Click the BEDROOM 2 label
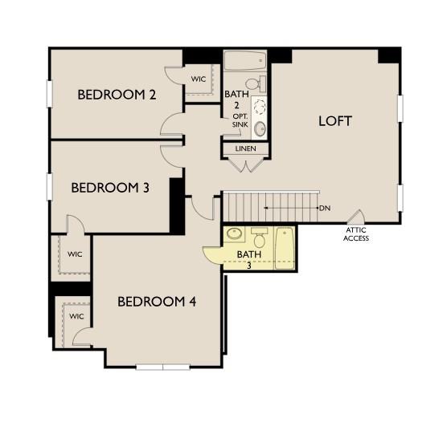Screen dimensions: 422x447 pyautogui.click(x=117, y=95)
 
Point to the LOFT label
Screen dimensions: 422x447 pyautogui.click(x=335, y=121)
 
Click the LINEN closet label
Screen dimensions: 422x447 pyautogui.click(x=246, y=149)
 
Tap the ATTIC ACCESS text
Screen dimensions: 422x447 pyautogui.click(x=356, y=233)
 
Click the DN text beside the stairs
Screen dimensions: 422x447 pyautogui.click(x=325, y=209)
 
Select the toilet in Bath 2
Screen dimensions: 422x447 pyautogui.click(x=253, y=83)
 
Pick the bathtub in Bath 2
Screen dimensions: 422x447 pyautogui.click(x=245, y=62)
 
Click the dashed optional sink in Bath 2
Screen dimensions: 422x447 pyautogui.click(x=260, y=106)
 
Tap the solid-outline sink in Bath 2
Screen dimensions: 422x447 pyautogui.click(x=260, y=128)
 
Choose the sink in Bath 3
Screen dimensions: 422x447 pyautogui.click(x=234, y=235)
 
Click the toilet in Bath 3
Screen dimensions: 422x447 pyautogui.click(x=259, y=238)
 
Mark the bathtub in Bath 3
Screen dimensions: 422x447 pyautogui.click(x=285, y=248)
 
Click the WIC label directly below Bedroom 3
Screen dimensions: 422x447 pyautogui.click(x=75, y=254)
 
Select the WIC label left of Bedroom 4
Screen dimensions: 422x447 pyautogui.click(x=76, y=316)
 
